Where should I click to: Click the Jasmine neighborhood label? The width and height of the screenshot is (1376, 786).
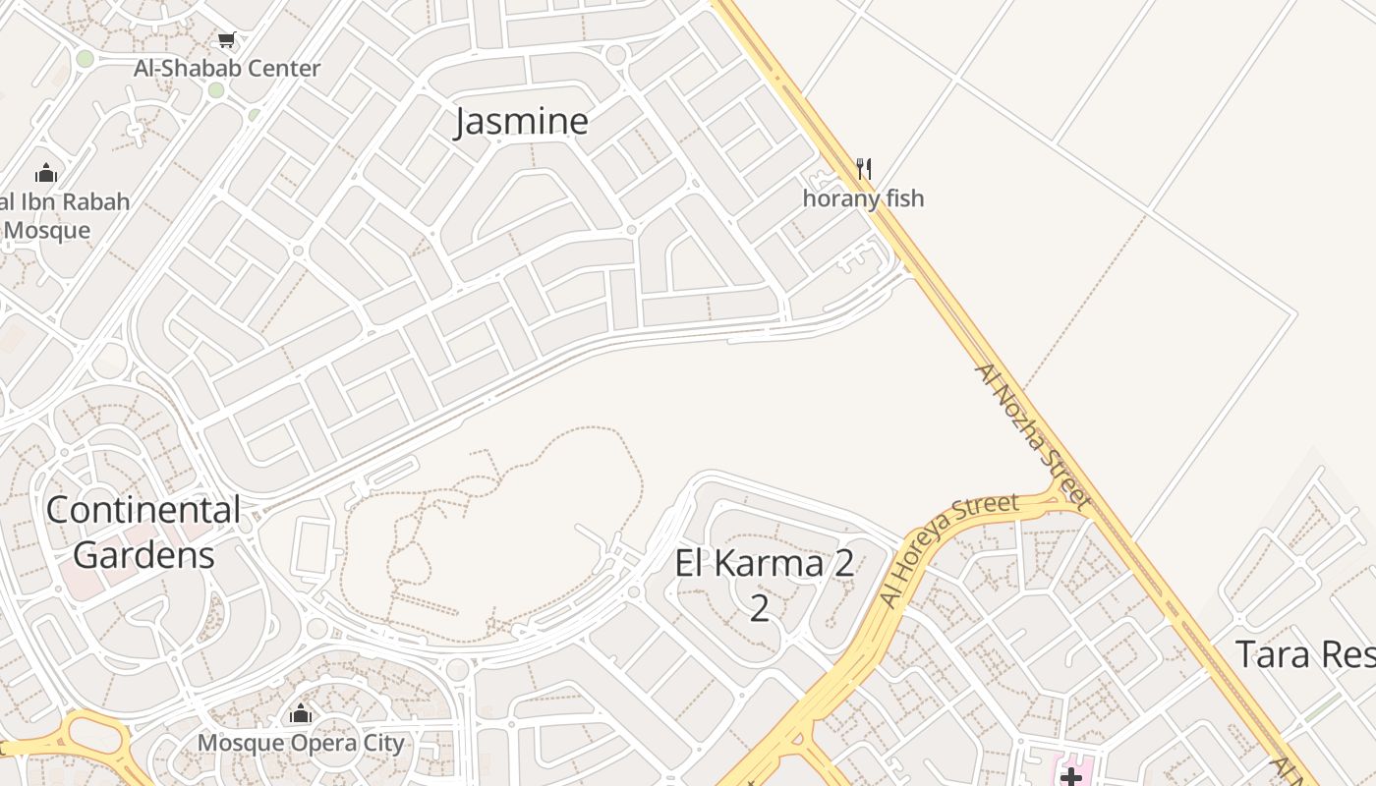(522, 121)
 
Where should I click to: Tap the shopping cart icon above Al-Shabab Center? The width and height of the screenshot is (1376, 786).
(227, 40)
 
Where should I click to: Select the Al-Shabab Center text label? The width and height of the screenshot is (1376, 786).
(227, 69)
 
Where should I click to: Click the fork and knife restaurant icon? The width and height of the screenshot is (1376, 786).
(864, 168)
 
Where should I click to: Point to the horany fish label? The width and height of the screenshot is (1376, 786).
(863, 198)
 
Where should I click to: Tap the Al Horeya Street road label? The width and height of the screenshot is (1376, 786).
(947, 551)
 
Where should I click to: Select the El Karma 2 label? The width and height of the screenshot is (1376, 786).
(764, 564)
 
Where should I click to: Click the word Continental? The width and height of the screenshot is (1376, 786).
(143, 510)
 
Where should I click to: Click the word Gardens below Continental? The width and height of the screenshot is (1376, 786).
(143, 555)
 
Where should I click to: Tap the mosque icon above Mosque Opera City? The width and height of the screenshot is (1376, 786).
(301, 713)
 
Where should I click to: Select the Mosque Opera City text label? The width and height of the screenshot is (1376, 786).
(301, 743)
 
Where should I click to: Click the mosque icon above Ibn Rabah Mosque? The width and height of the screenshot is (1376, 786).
(46, 174)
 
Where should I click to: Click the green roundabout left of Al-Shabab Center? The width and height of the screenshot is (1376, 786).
(85, 59)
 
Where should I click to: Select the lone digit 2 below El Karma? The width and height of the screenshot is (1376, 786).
(759, 607)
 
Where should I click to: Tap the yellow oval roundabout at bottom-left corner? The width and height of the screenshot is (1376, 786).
(93, 735)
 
